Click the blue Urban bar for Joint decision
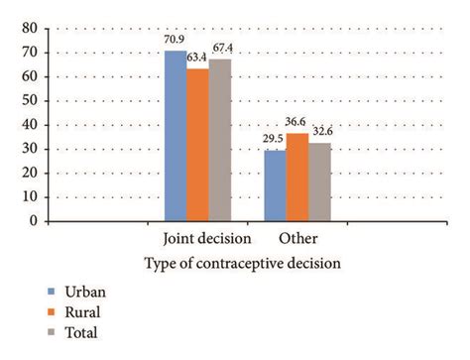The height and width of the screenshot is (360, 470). (x=176, y=136)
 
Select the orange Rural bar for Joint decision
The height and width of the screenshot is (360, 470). (x=198, y=145)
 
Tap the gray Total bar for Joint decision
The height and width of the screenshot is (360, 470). (x=220, y=140)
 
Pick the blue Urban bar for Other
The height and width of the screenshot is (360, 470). (x=275, y=185)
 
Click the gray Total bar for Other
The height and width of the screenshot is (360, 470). (x=319, y=181)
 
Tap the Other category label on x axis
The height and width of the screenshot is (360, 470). (x=297, y=240)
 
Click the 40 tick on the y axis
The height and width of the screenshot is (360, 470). (x=29, y=125)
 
